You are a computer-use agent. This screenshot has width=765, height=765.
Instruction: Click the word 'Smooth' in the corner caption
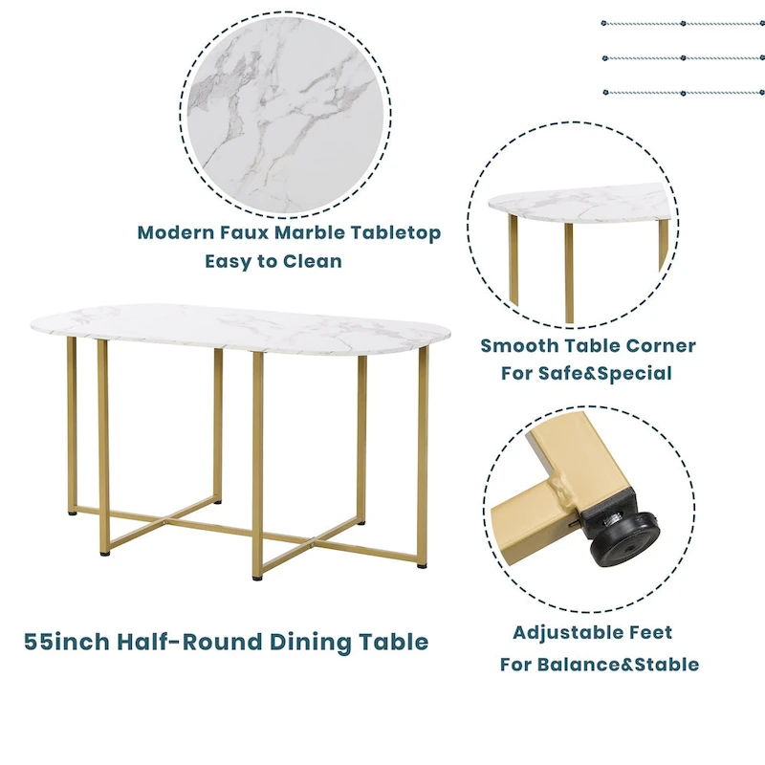[519, 345]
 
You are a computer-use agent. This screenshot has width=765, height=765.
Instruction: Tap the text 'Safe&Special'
[617, 373]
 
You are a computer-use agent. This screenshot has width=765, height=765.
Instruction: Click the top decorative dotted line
[683, 23]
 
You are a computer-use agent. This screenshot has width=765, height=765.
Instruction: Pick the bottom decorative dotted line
[683, 93]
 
